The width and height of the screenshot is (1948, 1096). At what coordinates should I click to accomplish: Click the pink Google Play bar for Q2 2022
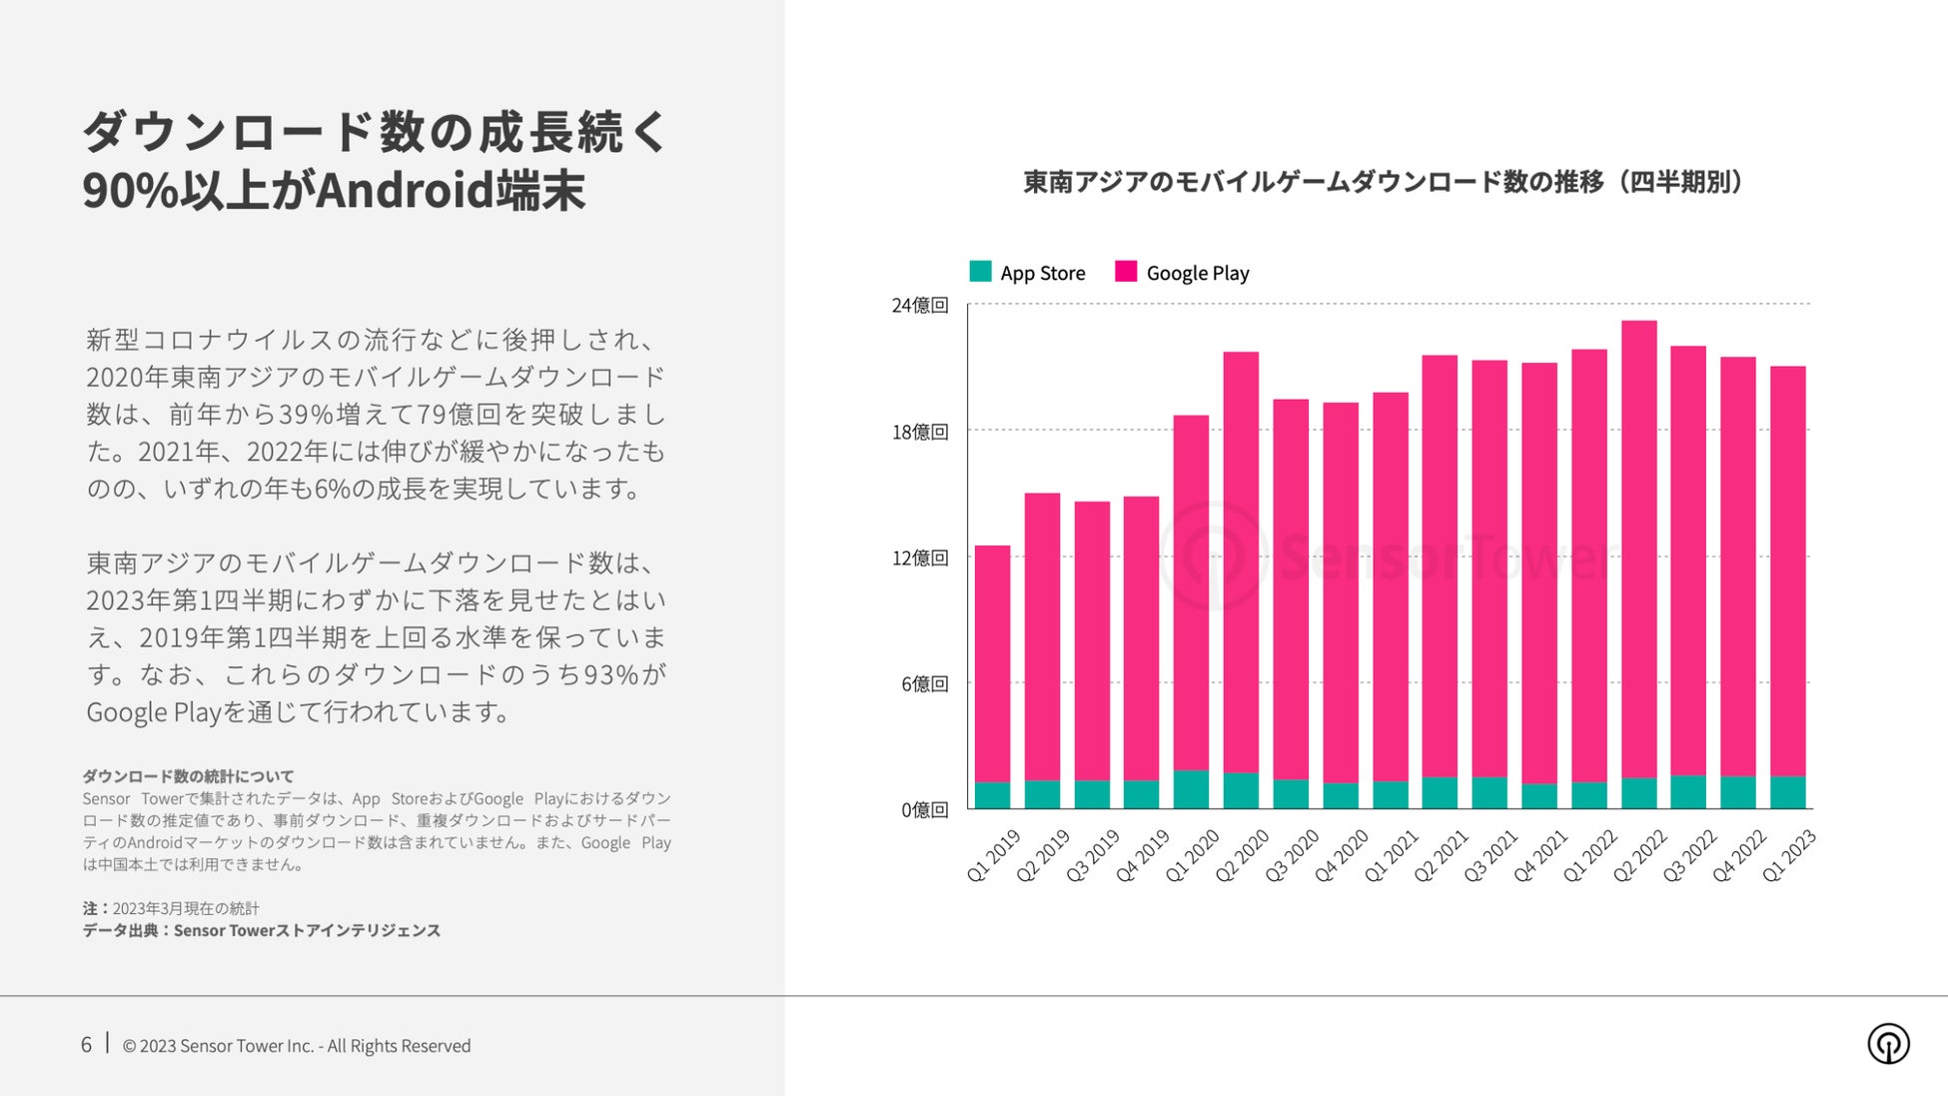(x=1638, y=549)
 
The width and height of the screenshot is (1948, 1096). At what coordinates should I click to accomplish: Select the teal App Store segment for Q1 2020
(x=1191, y=789)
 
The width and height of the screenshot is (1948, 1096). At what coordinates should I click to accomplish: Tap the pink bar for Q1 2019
(x=992, y=664)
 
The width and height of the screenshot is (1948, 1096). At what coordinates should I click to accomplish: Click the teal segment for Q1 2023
(x=1787, y=792)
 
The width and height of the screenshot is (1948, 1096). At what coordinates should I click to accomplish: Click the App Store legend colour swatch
(x=980, y=272)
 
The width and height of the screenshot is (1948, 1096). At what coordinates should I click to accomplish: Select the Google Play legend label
(x=1197, y=273)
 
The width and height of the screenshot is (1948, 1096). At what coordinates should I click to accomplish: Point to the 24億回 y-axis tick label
(x=919, y=305)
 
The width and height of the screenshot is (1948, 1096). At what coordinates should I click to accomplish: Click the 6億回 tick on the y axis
(x=924, y=683)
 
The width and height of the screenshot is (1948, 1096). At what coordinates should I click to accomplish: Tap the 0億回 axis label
(x=924, y=809)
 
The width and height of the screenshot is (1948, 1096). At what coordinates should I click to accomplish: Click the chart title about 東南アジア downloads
(x=1384, y=182)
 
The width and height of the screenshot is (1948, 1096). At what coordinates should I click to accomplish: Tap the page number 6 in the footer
(x=86, y=1044)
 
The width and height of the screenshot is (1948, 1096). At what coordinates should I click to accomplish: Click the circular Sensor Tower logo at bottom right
(x=1888, y=1044)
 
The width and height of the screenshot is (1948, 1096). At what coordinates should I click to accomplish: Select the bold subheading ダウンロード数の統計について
(x=188, y=776)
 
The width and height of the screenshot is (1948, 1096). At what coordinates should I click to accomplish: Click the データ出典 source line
(x=261, y=930)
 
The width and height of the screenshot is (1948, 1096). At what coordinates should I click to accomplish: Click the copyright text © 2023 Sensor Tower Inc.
(x=296, y=1046)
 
